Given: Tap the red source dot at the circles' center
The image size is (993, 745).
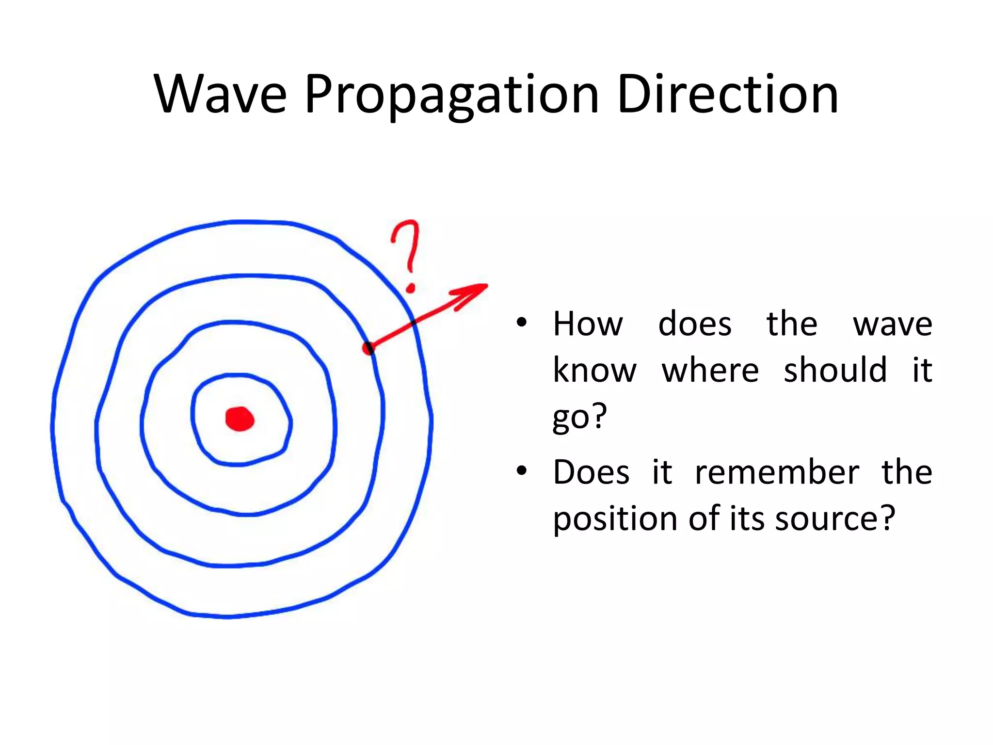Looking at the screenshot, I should pos(240,419).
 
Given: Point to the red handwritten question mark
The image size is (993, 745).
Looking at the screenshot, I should pos(406,252).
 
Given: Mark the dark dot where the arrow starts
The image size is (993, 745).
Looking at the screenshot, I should pos(369,348).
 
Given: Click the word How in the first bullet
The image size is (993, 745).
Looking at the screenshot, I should pos(588,324).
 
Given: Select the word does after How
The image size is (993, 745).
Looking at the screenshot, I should pos(694,324).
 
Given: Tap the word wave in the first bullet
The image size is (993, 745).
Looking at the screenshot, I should pos(892,324).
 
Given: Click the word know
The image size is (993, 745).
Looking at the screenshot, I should pos(594,370).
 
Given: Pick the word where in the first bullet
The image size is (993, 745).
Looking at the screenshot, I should pos(710,370).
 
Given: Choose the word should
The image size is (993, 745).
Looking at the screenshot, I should pos(835,370).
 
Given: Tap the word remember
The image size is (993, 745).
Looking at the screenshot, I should pos(777,472).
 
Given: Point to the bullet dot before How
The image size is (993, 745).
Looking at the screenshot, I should pos(521,323).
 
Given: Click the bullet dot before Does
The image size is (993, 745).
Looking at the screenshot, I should pos(521,470).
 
